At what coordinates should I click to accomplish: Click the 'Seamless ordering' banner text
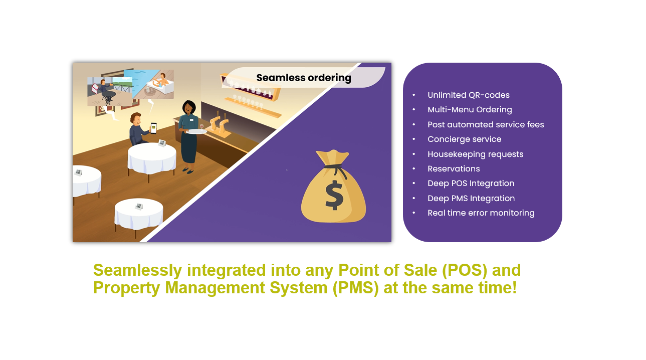[x=304, y=78]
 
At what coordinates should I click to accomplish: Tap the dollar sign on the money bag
[x=334, y=195]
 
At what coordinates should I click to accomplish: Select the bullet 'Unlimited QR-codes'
[x=469, y=95]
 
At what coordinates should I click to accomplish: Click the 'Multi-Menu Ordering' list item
[x=470, y=110]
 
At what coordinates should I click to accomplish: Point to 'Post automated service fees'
[x=486, y=124]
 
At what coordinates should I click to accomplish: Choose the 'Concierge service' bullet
[x=464, y=139]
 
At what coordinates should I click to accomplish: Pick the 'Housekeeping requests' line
[x=475, y=154]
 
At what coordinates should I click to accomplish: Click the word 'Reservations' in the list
[x=454, y=169]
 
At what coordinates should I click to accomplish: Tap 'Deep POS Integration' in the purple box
[x=471, y=184]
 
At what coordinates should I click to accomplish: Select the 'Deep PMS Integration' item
[x=471, y=198]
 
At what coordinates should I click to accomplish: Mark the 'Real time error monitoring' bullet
[x=481, y=213]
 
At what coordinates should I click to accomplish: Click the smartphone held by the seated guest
[x=153, y=128]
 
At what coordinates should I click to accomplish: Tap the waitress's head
[x=188, y=108]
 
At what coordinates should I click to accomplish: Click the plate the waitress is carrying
[x=196, y=131]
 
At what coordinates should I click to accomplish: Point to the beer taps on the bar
[x=219, y=123]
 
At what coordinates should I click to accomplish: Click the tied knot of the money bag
[x=335, y=167]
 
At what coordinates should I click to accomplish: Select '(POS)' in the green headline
[x=464, y=270]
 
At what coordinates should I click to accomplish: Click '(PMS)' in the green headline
[x=356, y=288]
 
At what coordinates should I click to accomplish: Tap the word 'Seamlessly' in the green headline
[x=137, y=270]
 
